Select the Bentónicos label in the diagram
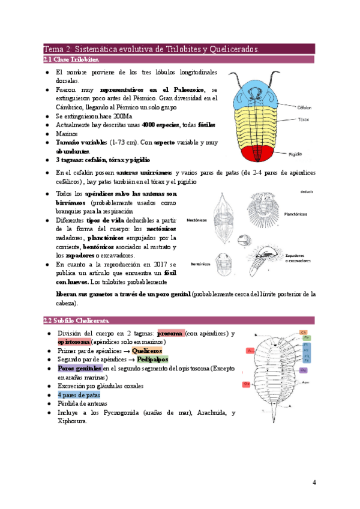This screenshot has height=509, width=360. click(199, 264)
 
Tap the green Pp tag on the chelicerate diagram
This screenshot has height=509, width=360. click(304, 338)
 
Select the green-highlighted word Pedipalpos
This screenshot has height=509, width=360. click(152, 359)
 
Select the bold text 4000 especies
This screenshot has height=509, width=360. click(162, 125)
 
